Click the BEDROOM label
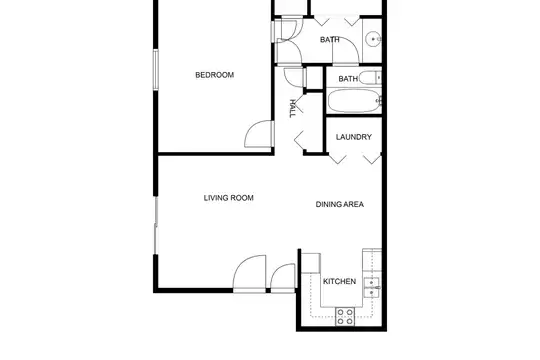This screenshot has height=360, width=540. pos(214,75)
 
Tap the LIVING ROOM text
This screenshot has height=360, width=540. pos(228,198)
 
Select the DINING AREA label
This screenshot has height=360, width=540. pos(340,204)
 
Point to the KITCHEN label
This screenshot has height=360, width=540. pos(339,281)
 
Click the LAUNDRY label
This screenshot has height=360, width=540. pos(354,137)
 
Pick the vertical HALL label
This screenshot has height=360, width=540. pos(292,109)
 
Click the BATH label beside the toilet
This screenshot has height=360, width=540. pos(348,79)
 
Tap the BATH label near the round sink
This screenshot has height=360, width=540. pos(330,40)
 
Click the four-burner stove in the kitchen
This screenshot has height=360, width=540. pos(345,316)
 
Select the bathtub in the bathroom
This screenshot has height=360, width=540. pos(354,101)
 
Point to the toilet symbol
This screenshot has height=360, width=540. pos(370,78)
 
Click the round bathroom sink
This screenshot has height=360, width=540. pos(373,39)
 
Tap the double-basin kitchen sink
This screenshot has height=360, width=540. pos(372,287)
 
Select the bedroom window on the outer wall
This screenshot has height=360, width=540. pos(156,70)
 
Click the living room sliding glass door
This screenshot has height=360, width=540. pos(156,226)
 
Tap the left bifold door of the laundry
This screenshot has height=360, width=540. pos(337,158)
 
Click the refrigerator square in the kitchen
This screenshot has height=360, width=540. pos(311,264)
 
